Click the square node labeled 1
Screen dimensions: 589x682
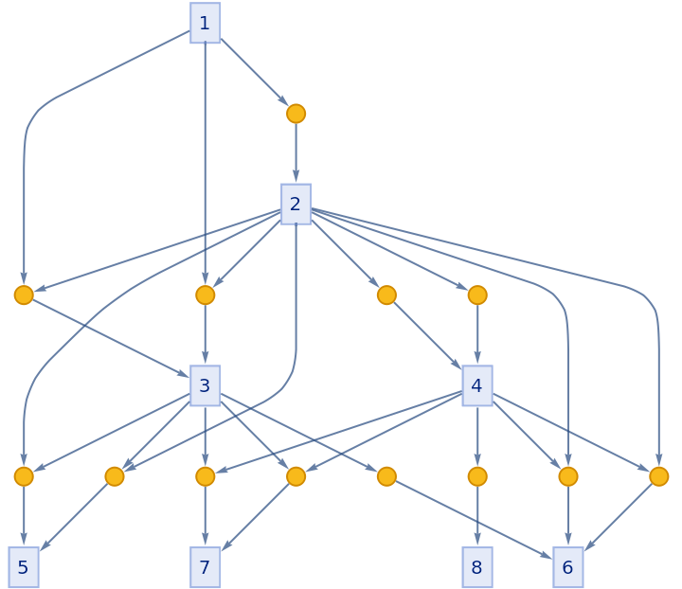(x=205, y=23)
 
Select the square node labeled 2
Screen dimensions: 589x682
(x=296, y=204)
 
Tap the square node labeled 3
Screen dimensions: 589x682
(x=205, y=385)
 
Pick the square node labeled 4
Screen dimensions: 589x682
(x=476, y=385)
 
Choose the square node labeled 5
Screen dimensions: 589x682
(x=24, y=567)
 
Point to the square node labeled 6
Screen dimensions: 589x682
(x=567, y=567)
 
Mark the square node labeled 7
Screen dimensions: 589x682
(x=205, y=567)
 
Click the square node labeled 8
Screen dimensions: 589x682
(x=476, y=567)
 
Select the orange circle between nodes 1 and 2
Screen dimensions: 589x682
(x=296, y=114)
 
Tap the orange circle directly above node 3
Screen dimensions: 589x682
(x=205, y=295)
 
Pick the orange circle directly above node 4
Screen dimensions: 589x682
(x=476, y=295)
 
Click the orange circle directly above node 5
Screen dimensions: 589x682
(x=24, y=476)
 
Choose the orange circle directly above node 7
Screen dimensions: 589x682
(x=205, y=476)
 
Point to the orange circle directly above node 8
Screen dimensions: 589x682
(x=476, y=476)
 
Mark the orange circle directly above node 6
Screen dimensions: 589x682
(x=567, y=476)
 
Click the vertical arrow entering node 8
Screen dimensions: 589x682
(x=476, y=517)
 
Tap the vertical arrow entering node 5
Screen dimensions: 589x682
(x=24, y=517)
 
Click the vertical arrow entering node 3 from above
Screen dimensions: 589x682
(x=205, y=335)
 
